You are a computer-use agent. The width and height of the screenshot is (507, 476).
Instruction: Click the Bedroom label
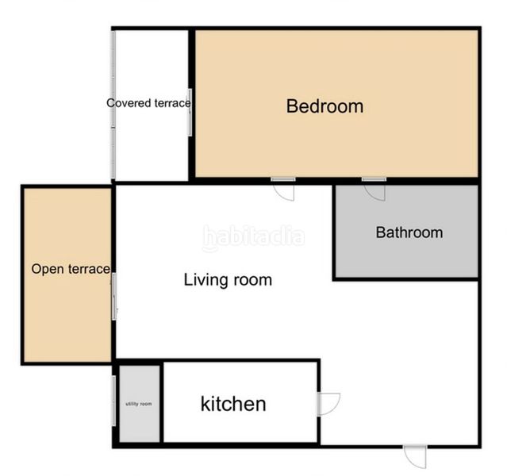coord(325,106)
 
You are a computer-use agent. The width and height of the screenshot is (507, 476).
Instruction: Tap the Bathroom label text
coord(409,232)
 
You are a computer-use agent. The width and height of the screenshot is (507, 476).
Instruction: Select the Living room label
coord(228,279)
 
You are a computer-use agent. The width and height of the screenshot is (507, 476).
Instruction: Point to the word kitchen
coord(232,404)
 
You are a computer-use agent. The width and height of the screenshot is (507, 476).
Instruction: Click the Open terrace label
coord(70,269)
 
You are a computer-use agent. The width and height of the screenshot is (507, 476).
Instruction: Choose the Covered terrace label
coord(149,102)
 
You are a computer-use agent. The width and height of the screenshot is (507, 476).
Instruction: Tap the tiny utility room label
coord(139,404)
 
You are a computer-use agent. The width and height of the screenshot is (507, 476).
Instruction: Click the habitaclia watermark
coord(253,236)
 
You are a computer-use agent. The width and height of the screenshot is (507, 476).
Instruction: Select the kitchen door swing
coord(328,404)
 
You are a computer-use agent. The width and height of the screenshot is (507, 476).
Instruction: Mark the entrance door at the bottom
coord(415,455)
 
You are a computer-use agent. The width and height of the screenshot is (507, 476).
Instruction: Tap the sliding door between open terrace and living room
coord(114,297)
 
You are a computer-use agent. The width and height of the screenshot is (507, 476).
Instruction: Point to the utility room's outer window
coord(115,401)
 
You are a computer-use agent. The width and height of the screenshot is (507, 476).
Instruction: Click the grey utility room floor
coord(139,420)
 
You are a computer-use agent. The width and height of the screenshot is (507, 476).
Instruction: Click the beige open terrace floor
coord(67,317)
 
